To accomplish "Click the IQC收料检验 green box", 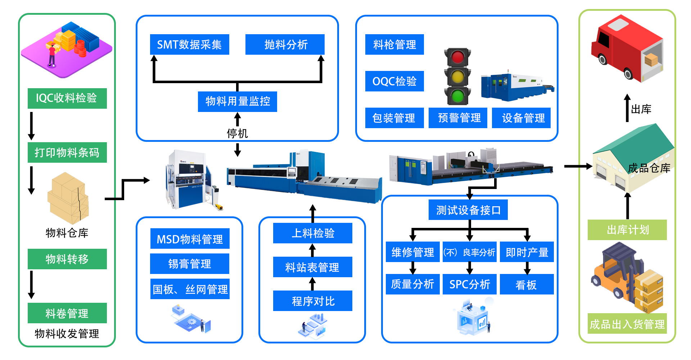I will point(67,98).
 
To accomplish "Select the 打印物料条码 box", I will point(67,152).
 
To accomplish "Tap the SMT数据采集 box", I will point(189,45).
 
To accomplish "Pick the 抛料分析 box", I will point(285,45).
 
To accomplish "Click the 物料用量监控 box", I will point(237,102).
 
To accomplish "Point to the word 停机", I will point(237,134).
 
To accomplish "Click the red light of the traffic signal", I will point(457,57).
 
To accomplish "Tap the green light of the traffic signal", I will point(457,96).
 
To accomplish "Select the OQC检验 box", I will point(394,81).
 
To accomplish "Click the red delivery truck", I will point(627,49).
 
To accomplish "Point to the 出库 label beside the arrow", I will point(641,109).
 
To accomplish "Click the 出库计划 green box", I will point(627,230).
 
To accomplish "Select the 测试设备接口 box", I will point(468,210).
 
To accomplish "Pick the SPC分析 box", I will point(469,284).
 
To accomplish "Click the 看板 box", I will point(527,284).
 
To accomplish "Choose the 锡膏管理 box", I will point(190,264).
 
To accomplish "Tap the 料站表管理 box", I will point(312,267).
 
